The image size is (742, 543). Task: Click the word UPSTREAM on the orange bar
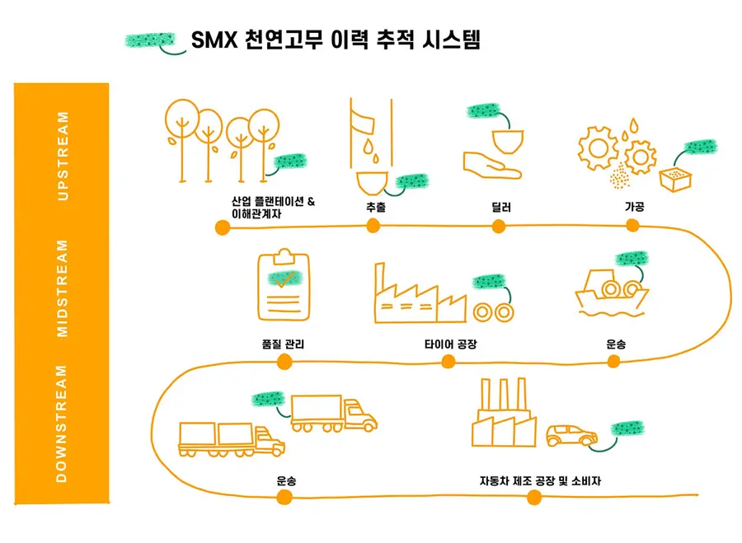click(x=63, y=156)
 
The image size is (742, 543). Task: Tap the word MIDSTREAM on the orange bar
click(x=63, y=288)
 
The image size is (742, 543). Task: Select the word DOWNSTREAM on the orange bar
click(x=62, y=424)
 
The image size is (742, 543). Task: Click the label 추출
click(x=376, y=207)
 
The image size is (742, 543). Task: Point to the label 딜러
click(x=501, y=207)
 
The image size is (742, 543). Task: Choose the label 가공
click(x=635, y=206)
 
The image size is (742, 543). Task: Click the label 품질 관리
click(x=283, y=344)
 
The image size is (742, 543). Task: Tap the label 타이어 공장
click(x=451, y=344)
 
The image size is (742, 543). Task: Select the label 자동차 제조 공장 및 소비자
click(x=540, y=481)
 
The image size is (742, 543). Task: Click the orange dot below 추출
click(x=373, y=226)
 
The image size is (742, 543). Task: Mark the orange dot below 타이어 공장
click(x=448, y=362)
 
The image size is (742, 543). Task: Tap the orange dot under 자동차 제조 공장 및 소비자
click(x=534, y=498)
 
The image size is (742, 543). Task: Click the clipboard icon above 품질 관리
click(x=284, y=285)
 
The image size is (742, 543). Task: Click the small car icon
click(x=571, y=435)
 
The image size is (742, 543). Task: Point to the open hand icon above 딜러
click(x=492, y=166)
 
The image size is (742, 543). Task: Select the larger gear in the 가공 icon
click(x=599, y=148)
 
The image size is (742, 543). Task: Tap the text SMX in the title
click(x=214, y=40)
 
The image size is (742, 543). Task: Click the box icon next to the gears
click(x=675, y=180)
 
